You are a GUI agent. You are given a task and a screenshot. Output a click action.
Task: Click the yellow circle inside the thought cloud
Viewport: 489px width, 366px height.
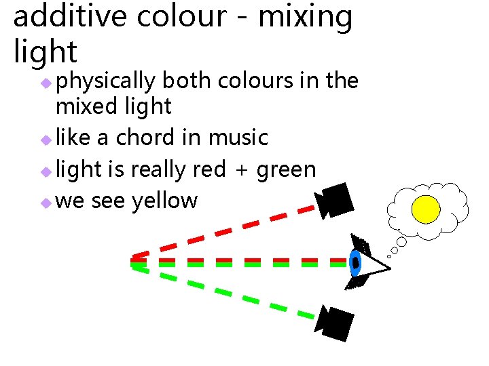click(x=427, y=209)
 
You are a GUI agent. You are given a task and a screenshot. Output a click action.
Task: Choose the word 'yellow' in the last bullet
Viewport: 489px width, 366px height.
click(x=164, y=201)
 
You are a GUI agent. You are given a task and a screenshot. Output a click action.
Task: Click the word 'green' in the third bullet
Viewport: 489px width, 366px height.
click(x=286, y=169)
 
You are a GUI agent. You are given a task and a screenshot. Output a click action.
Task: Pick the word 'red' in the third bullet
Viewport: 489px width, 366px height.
click(x=209, y=169)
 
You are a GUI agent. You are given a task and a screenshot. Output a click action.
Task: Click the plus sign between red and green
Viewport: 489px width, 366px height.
click(x=240, y=170)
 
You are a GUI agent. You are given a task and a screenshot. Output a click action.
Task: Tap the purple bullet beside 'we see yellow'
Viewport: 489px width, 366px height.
click(x=45, y=202)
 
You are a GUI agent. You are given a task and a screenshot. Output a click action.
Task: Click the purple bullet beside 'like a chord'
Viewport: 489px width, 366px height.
click(x=45, y=139)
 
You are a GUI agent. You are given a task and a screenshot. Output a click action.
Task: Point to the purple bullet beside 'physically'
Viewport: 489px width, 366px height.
click(x=45, y=83)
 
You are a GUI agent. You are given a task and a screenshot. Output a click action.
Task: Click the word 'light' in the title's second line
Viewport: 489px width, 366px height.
click(x=46, y=52)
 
